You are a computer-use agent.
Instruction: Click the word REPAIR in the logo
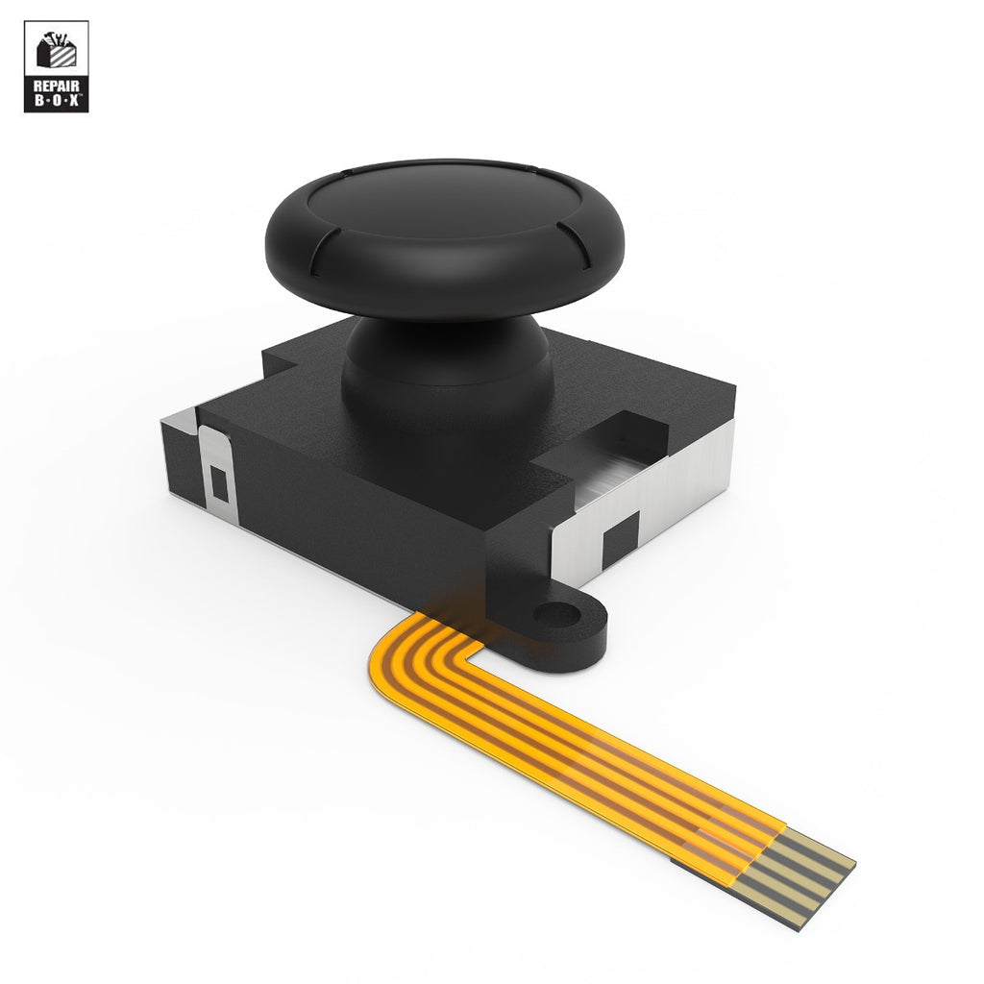click(56, 85)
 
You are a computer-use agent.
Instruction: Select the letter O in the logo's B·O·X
click(56, 100)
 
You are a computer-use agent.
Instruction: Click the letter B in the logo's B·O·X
click(37, 100)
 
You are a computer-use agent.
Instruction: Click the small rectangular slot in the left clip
click(220, 484)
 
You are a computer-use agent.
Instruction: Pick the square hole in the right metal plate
click(620, 541)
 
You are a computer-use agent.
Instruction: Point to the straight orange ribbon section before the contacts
click(596, 759)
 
